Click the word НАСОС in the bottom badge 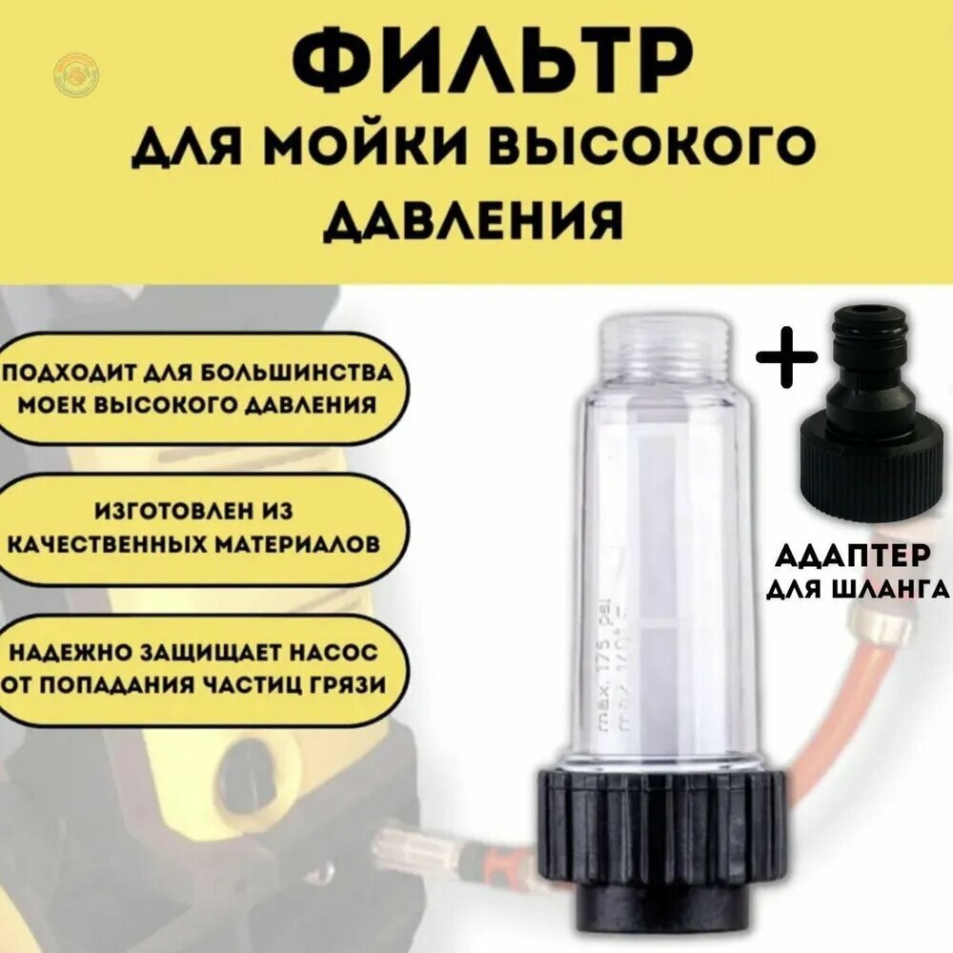[333, 654]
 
